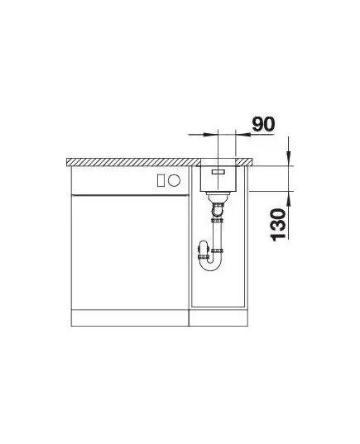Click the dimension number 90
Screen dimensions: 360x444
pyautogui.click(x=263, y=124)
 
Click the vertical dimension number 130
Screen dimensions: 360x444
pyautogui.click(x=278, y=225)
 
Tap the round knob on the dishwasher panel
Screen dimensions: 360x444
pyautogui.click(x=174, y=180)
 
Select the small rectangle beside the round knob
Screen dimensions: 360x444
pyautogui.click(x=161, y=180)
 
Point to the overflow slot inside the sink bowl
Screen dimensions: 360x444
pyautogui.click(x=218, y=172)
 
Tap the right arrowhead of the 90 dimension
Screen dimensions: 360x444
pyautogui.click(x=243, y=134)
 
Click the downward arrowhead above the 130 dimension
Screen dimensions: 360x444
pyautogui.click(x=288, y=158)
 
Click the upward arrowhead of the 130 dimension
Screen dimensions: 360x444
pyautogui.click(x=288, y=198)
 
